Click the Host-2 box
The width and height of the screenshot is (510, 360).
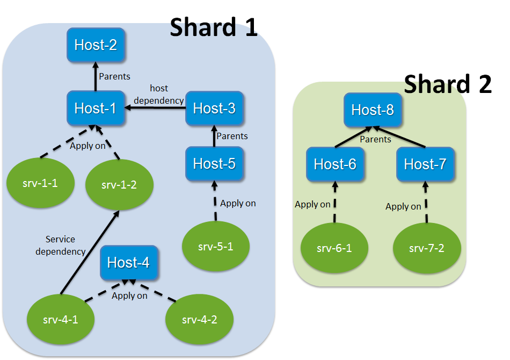tap(96, 45)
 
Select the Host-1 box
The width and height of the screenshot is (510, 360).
tap(96, 108)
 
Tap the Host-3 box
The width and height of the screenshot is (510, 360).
tap(214, 108)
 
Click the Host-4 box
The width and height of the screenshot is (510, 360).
tap(128, 262)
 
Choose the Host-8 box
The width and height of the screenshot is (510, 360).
tap(373, 110)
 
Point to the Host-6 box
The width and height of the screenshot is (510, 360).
tap(335, 164)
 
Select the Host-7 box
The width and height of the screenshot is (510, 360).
tap(425, 164)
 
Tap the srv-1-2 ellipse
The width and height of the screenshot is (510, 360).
tap(119, 185)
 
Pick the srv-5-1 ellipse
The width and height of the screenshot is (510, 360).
tap(216, 247)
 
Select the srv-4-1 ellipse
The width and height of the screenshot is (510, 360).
tap(60, 320)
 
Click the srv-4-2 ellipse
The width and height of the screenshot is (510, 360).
tap(199, 320)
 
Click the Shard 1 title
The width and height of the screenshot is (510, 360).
tap(214, 27)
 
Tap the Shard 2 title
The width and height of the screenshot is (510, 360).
tap(447, 84)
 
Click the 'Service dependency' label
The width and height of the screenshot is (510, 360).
tap(65, 245)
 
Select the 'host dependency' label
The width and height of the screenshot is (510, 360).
tap(159, 94)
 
